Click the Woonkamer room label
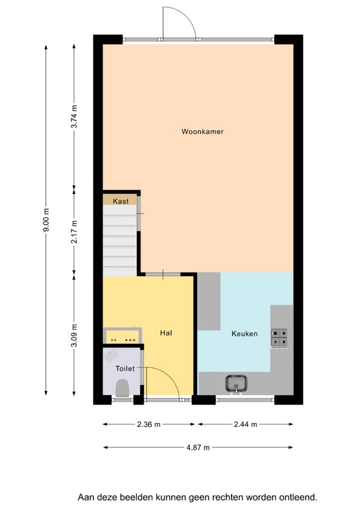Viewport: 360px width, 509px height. [x=202, y=131]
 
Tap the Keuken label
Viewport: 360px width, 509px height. [x=244, y=333]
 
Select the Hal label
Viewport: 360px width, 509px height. [x=166, y=333]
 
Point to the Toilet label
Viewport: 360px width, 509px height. [x=125, y=369]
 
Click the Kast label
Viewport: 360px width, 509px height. [x=121, y=201]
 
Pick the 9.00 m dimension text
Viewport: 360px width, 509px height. [x=46, y=220]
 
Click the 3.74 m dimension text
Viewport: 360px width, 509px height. [x=74, y=116]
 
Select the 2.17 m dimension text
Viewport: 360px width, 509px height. [x=74, y=232]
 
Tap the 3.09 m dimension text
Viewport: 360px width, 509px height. [x=74, y=336]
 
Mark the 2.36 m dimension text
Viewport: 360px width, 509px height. [x=149, y=424]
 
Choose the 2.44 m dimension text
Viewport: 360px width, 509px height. [x=245, y=424]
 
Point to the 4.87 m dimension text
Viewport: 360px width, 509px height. [x=198, y=448]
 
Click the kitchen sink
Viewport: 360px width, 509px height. [x=236, y=384]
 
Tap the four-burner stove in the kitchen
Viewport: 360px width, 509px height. [x=279, y=338]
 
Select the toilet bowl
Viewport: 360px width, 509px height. [x=122, y=388]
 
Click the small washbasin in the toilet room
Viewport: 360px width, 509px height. [x=111, y=356]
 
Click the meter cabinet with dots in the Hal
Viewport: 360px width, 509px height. [x=122, y=336]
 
